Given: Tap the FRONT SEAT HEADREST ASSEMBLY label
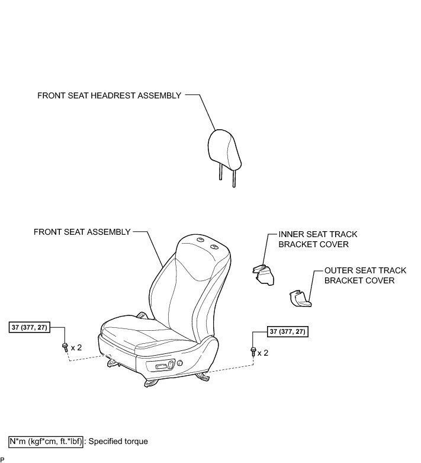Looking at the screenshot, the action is pos(109,95).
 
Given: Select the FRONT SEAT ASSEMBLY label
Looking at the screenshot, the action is pos(82,232).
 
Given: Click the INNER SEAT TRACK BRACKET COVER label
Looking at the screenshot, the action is pos(318,239).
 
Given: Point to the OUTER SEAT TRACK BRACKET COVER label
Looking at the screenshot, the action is pos(365,275).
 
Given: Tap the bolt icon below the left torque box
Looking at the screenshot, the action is pos(64,347).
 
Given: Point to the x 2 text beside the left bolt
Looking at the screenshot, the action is pos(76,347).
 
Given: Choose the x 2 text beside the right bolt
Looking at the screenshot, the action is pos(262,353).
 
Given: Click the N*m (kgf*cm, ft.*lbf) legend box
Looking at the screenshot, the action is pos(46,442).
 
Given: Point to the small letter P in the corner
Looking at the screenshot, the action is pos(2,460).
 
